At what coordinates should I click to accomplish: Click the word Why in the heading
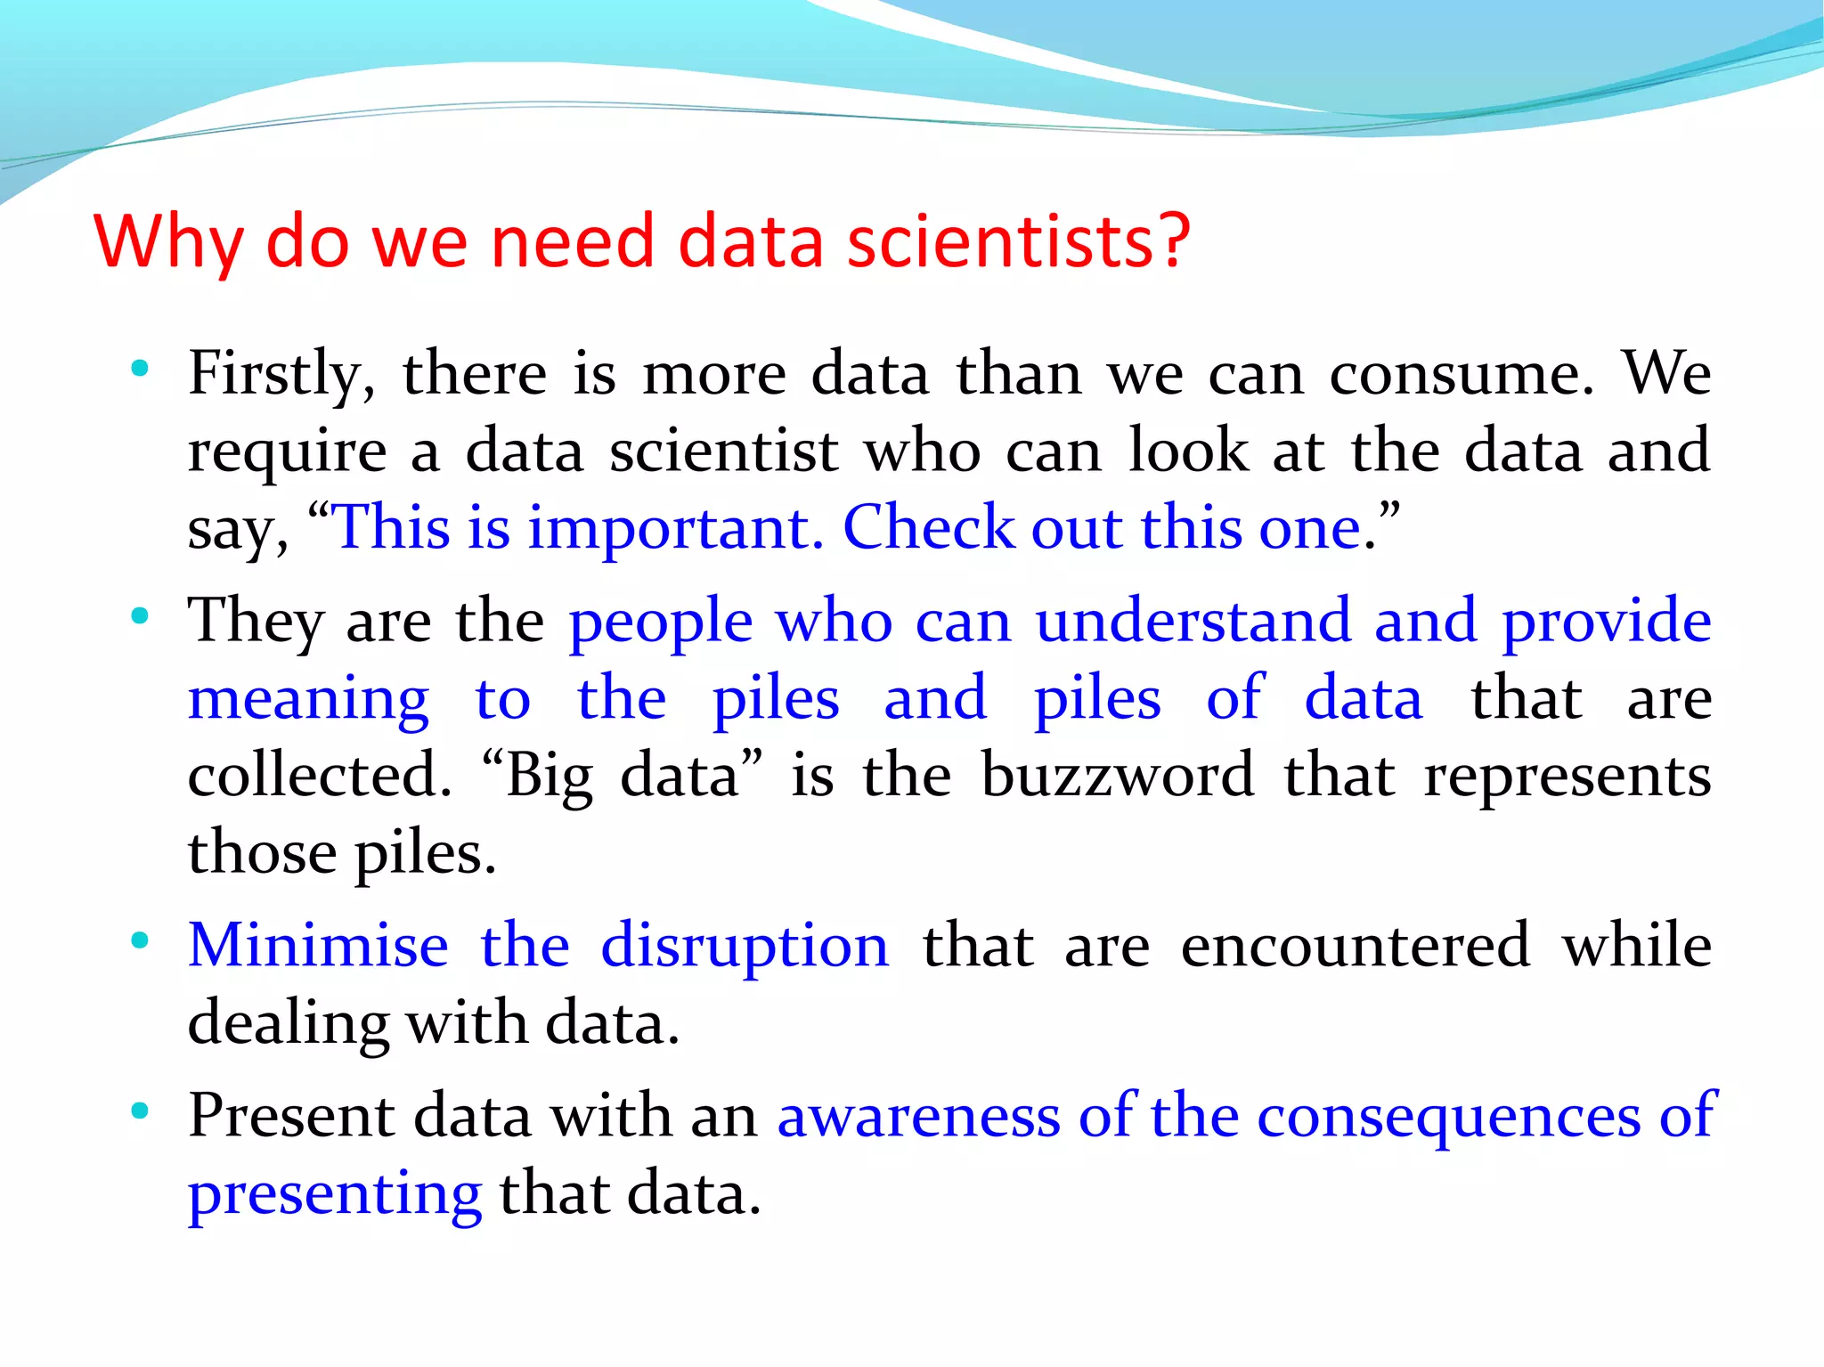pos(168,242)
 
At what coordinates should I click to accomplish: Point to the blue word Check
pos(928,528)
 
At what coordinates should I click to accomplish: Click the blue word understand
pos(1193,621)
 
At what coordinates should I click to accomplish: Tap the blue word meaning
pos(308,699)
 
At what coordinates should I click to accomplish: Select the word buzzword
pos(1118,776)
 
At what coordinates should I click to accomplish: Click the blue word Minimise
pos(318,945)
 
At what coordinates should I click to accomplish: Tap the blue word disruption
pos(745,947)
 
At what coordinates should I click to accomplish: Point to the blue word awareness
pos(918,1116)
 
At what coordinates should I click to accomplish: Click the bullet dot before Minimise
pos(139,940)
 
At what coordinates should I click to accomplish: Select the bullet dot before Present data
pos(139,1111)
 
